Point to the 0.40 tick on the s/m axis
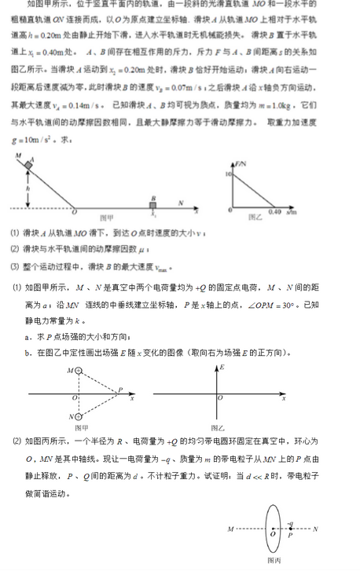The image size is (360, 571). (x=274, y=213)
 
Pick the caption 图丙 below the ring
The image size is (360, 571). (x=274, y=561)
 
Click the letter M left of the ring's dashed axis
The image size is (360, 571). (x=231, y=529)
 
